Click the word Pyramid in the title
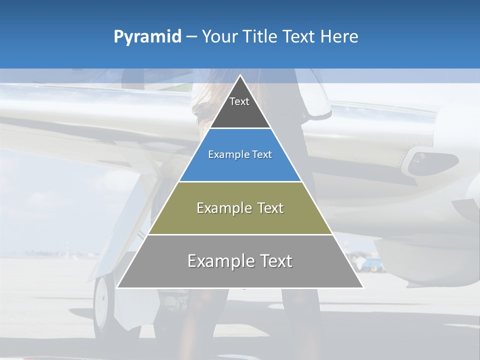[147, 37]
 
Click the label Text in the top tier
[239, 101]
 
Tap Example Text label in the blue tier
[240, 154]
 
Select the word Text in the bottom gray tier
[272, 261]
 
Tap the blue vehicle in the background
[371, 263]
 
